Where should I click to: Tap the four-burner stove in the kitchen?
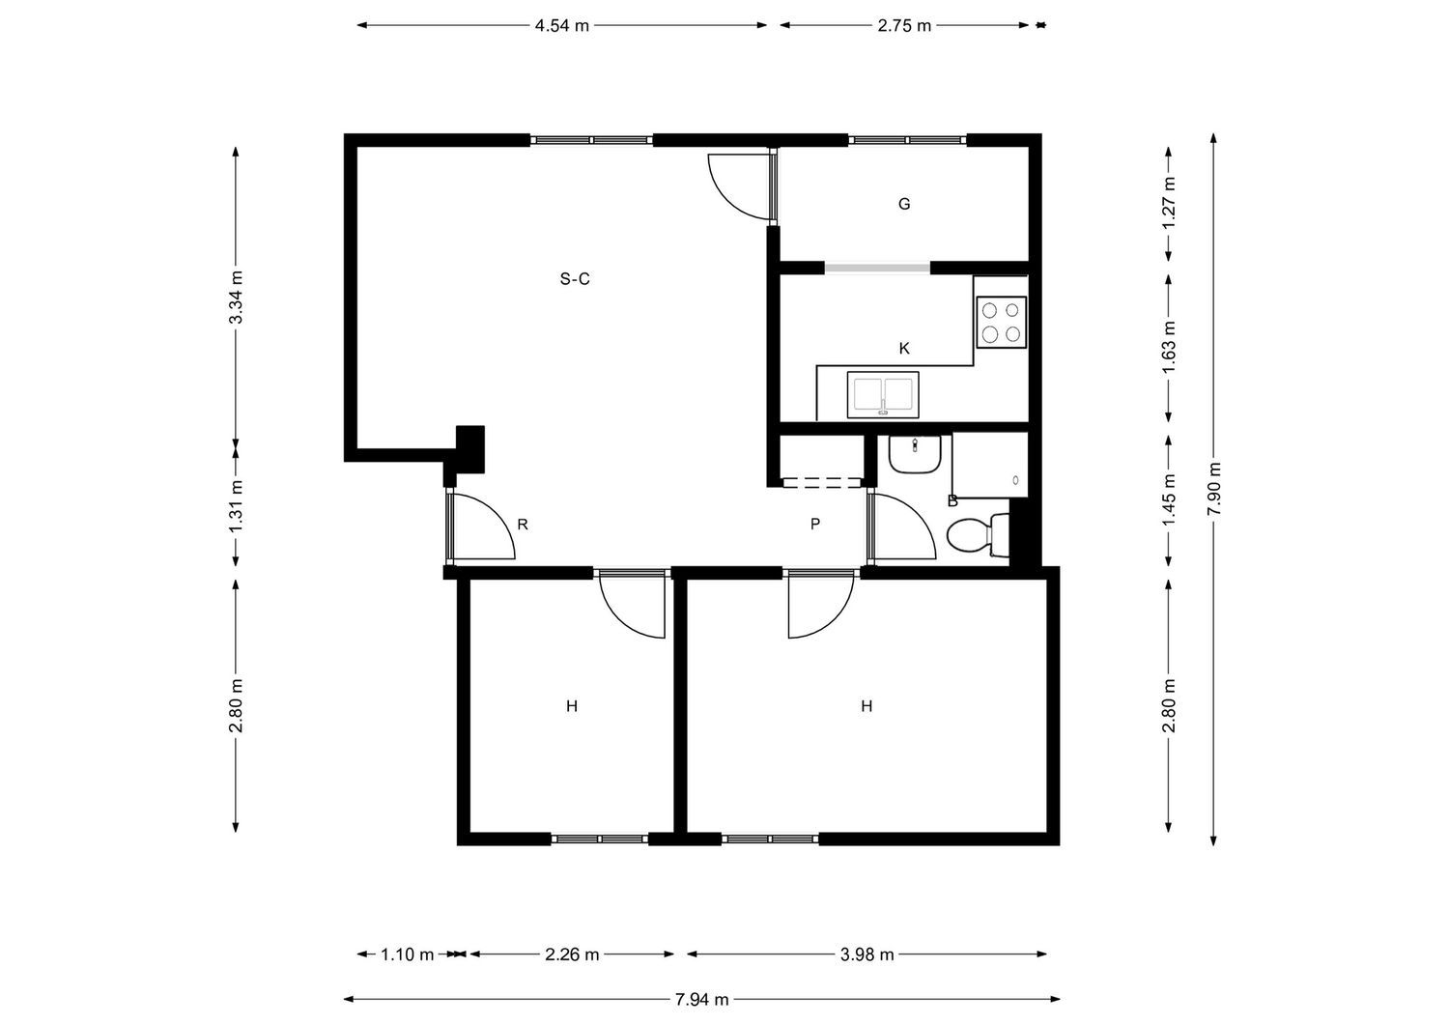click(1001, 323)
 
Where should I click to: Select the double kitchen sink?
click(883, 395)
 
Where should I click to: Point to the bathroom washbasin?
click(914, 454)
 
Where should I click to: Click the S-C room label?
click(575, 279)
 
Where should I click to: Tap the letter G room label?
click(904, 204)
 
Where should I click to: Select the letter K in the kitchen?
click(904, 349)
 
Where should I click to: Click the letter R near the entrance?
click(523, 525)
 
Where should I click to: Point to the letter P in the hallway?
click(815, 525)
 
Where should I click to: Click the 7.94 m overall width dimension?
click(702, 1000)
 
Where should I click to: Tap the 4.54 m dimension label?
click(561, 26)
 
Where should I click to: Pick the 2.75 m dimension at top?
click(904, 26)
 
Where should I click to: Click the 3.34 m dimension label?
click(236, 297)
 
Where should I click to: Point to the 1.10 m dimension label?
click(407, 954)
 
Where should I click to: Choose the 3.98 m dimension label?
click(867, 954)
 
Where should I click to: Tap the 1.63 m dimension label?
click(1169, 348)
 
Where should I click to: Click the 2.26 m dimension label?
click(572, 954)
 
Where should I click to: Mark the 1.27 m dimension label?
click(1169, 203)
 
